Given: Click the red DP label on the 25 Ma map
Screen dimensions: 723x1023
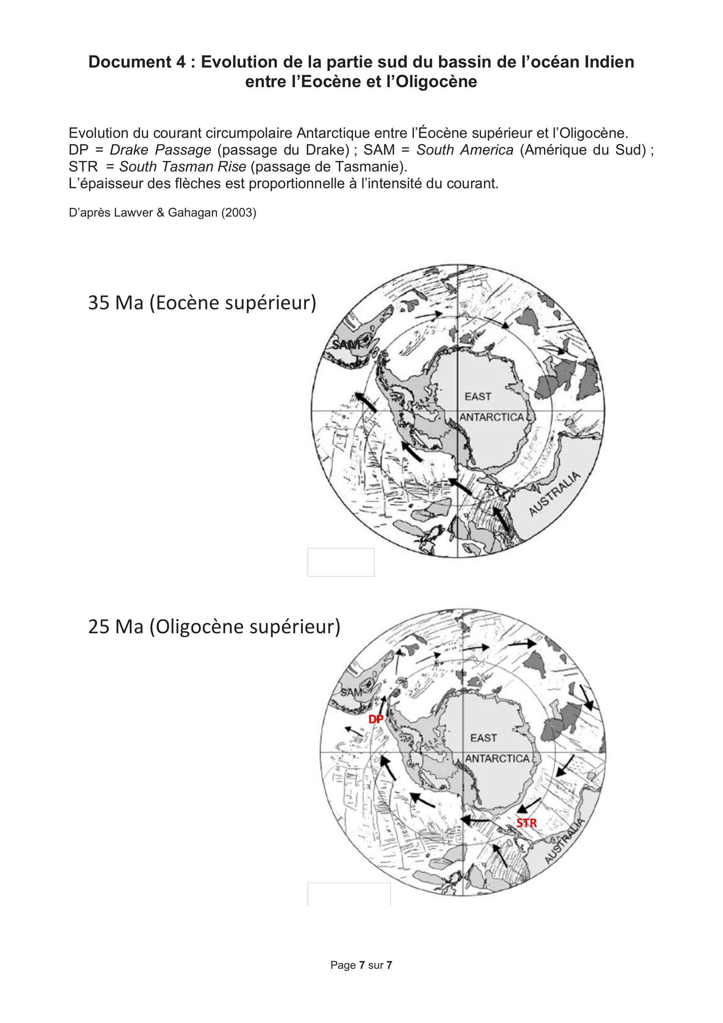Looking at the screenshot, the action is [x=376, y=719].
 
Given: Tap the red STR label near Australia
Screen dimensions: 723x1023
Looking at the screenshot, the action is [x=526, y=823].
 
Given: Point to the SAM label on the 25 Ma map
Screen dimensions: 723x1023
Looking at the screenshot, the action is [x=352, y=692].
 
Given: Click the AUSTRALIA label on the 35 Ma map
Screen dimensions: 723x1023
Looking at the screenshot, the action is [x=555, y=494].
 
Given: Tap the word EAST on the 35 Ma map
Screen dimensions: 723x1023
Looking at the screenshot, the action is [x=478, y=396].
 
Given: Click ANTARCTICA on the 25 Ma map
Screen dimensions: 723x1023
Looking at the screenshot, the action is [x=497, y=758].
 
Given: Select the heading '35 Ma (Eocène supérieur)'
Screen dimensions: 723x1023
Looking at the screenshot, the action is [x=202, y=303].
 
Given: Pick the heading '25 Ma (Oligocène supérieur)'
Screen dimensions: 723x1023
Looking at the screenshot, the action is [x=214, y=627].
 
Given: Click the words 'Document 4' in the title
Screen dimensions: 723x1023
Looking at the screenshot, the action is [x=137, y=62].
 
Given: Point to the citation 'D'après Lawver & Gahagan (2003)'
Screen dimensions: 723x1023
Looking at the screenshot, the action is [x=163, y=212].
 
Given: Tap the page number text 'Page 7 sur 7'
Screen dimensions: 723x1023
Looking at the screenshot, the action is [x=361, y=965].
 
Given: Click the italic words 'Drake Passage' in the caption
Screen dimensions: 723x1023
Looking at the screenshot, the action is [x=160, y=150].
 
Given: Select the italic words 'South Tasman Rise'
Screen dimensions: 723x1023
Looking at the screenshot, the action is [x=183, y=167].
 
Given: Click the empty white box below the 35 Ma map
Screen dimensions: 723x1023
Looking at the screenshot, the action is [x=341, y=562].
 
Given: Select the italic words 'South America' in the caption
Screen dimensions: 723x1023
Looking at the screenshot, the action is [x=465, y=150].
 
